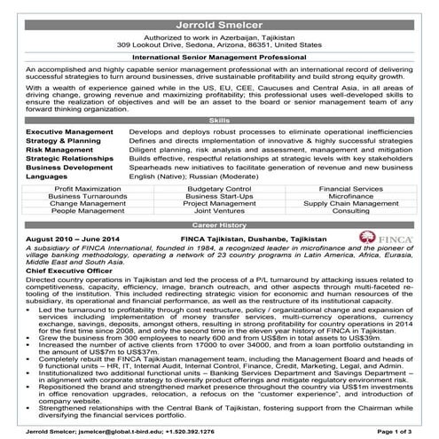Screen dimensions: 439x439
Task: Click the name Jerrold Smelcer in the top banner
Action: point(219,10)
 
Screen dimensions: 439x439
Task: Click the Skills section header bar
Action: point(219,120)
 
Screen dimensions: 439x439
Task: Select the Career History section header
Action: point(219,226)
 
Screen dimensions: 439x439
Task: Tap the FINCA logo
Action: point(382,238)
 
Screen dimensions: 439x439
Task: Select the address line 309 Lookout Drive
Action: point(219,43)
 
